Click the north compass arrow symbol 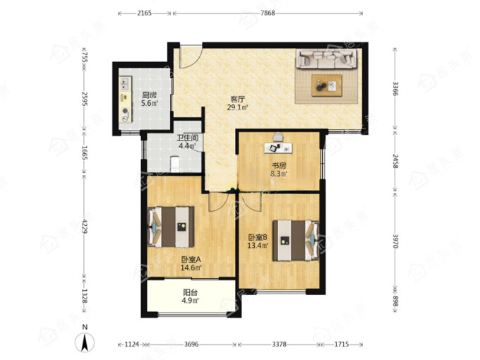85,342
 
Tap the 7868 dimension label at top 268,13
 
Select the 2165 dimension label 144,13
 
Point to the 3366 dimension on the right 395,89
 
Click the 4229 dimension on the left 85,227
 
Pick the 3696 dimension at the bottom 191,344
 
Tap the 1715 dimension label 342,344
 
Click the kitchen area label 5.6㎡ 150,103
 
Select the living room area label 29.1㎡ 237,107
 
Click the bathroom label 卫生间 188,138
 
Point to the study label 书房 280,166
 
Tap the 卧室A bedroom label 191,260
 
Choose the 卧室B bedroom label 258,237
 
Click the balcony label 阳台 190,293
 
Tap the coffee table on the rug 327,85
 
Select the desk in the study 278,148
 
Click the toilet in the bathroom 175,164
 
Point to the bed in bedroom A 171,227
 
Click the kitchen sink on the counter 125,83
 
